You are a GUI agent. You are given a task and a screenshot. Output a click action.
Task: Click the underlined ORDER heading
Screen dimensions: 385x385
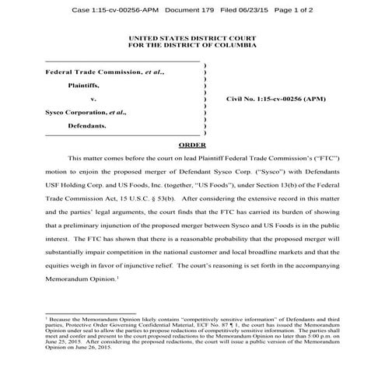click(x=192, y=145)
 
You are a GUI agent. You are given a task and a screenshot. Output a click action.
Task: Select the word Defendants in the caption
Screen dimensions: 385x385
click(x=87, y=124)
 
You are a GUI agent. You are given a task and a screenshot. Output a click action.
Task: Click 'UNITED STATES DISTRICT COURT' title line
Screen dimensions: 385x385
click(x=192, y=37)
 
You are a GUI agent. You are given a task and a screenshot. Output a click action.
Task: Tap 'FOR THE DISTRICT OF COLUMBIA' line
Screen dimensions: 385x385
click(x=192, y=45)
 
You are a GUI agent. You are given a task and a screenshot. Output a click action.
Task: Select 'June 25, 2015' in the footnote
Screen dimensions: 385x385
click(x=62, y=341)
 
